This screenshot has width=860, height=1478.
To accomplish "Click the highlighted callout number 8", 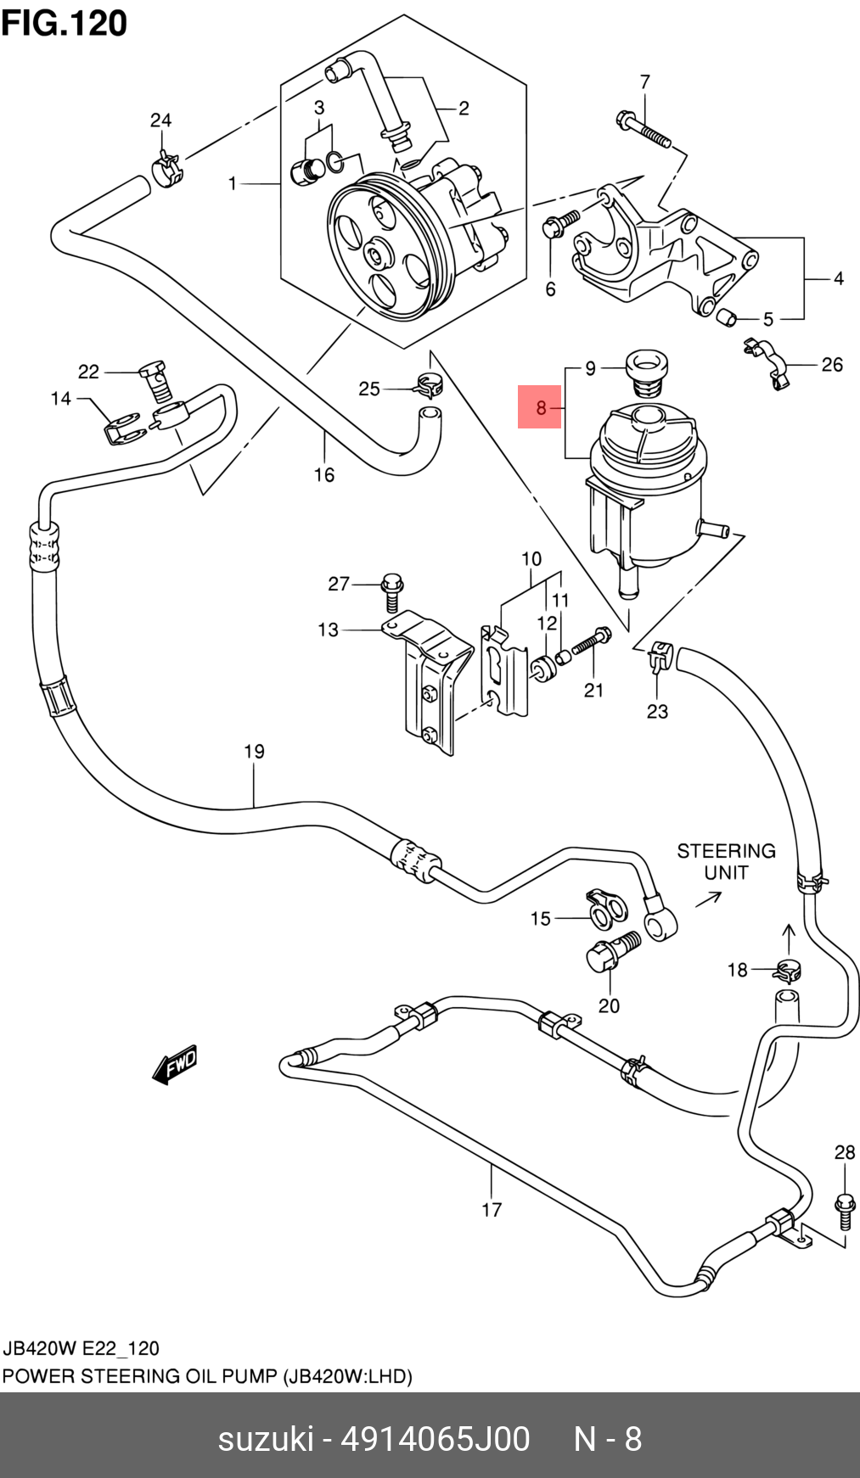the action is pyautogui.click(x=541, y=408).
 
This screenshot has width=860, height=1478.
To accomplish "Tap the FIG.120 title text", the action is pyautogui.click(x=65, y=24).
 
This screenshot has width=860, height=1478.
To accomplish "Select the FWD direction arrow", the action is pyautogui.click(x=175, y=1064).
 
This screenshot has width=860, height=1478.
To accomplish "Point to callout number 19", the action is pyautogui.click(x=255, y=752).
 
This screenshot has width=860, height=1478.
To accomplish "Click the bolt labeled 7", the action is pyautogui.click(x=644, y=128).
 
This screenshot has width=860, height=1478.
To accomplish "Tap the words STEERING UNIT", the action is pyautogui.click(x=726, y=861).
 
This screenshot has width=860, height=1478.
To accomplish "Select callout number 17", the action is pyautogui.click(x=492, y=1209).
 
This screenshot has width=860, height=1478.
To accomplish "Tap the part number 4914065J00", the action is pyautogui.click(x=435, y=1440).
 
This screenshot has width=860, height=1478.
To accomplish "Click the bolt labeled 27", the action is pyautogui.click(x=391, y=591).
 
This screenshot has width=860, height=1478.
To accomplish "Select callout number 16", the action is pyautogui.click(x=324, y=475).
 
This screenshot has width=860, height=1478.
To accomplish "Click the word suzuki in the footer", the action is pyautogui.click(x=266, y=1440).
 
